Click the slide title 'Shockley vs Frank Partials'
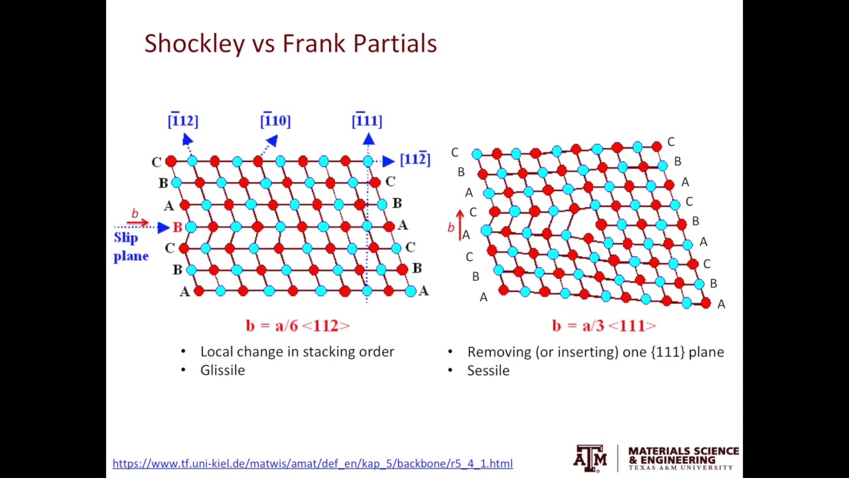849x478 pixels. click(x=290, y=44)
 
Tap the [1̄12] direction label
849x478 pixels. click(x=183, y=121)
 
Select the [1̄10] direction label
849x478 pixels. click(x=275, y=121)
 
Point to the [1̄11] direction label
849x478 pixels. click(x=367, y=121)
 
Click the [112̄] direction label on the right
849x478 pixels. click(x=415, y=159)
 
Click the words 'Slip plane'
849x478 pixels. click(x=131, y=247)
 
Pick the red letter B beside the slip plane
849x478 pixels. click(x=177, y=228)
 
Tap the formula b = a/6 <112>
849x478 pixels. click(x=297, y=325)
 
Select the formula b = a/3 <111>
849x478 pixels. click(x=604, y=325)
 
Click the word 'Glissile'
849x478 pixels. click(x=222, y=370)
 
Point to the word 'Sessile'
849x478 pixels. click(x=488, y=370)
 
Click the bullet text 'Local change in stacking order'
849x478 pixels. click(x=297, y=352)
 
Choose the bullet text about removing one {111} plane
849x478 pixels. click(x=595, y=352)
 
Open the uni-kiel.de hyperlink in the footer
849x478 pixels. click(x=312, y=463)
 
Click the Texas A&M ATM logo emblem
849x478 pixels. click(x=590, y=458)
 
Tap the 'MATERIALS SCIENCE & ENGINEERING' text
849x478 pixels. click(x=683, y=455)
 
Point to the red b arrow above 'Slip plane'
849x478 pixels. click(x=137, y=222)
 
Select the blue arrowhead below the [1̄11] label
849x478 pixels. click(x=369, y=139)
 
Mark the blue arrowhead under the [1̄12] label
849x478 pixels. click(x=187, y=139)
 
